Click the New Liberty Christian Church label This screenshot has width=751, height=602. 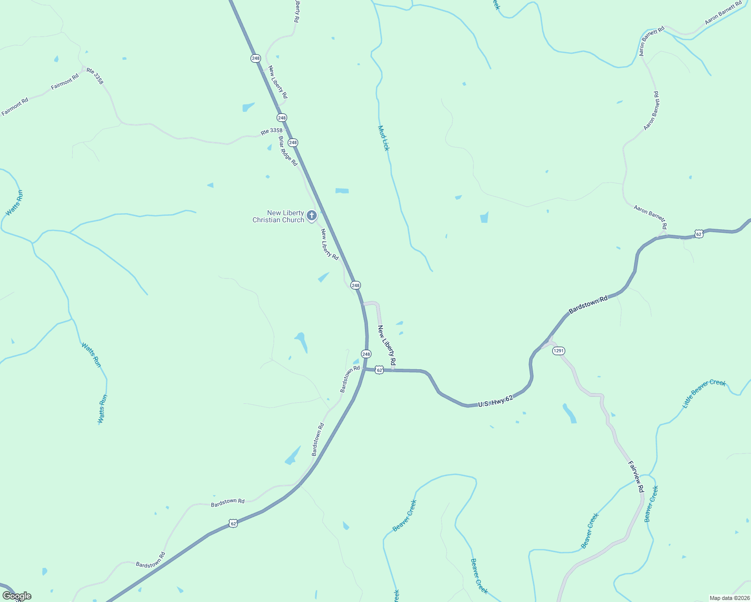tap(278, 216)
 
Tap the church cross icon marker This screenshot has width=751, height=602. tap(312, 216)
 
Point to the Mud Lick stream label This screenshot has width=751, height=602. tap(384, 138)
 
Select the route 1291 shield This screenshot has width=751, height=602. tap(559, 351)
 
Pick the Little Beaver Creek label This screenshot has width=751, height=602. tap(704, 393)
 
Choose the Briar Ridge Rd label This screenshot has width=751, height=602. tap(288, 151)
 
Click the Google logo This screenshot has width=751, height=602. tap(17, 596)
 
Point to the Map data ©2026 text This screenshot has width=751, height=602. tap(728, 598)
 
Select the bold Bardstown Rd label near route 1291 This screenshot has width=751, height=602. tap(588, 305)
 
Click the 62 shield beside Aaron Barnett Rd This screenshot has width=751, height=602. tap(699, 234)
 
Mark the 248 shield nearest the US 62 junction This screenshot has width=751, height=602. tap(366, 354)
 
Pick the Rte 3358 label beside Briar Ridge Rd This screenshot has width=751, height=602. tap(272, 131)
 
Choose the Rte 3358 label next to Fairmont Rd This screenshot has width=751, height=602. tap(94, 76)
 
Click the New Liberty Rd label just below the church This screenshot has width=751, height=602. tap(330, 244)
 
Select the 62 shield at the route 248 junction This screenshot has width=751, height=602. tap(380, 370)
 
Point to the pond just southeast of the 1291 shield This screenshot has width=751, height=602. tap(569, 413)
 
